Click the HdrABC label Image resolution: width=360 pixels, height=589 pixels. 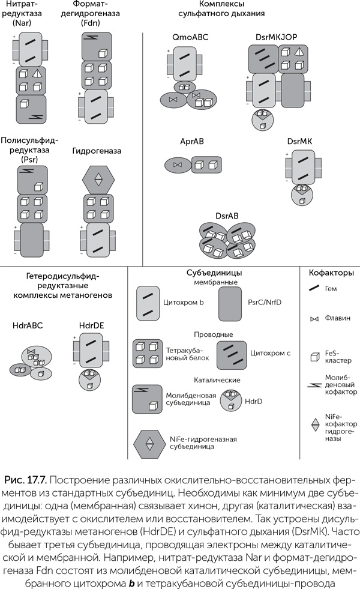coord(28,325)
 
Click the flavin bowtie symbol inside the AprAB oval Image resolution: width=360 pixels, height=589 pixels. coord(177,164)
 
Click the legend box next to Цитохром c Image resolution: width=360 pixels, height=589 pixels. coord(230,354)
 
